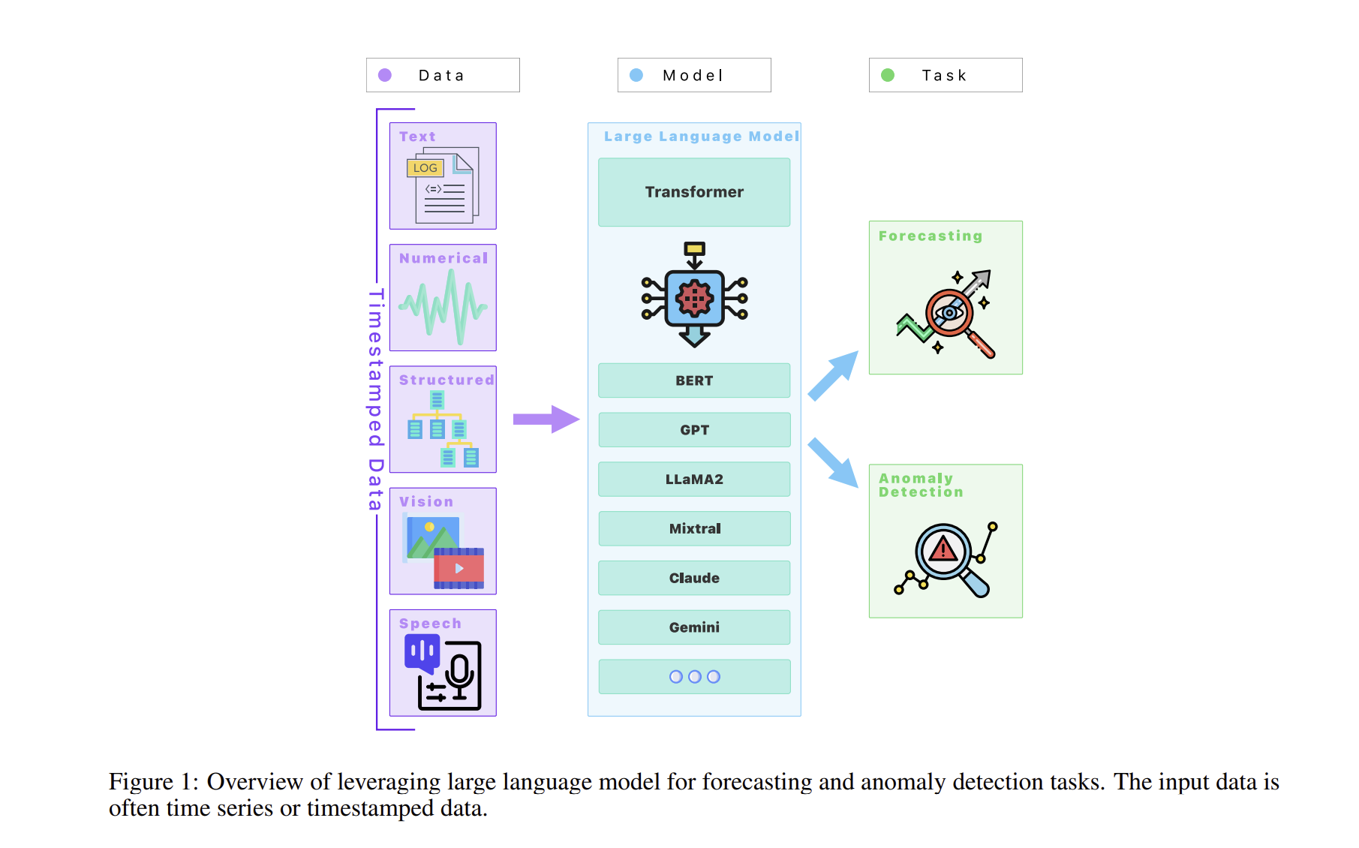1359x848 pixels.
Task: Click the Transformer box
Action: coord(694,192)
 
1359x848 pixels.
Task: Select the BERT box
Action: coord(694,380)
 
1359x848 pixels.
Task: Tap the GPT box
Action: coord(694,430)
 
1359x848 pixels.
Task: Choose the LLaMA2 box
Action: coord(694,479)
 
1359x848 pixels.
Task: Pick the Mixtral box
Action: coord(694,528)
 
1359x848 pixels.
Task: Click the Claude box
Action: coord(694,578)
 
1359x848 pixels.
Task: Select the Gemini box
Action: coord(694,627)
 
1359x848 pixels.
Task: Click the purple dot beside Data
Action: coord(385,75)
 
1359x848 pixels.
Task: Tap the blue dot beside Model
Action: coord(636,75)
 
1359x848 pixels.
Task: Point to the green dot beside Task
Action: coord(888,75)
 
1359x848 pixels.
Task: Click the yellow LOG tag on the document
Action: coord(425,168)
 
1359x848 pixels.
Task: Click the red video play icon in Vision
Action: coord(459,569)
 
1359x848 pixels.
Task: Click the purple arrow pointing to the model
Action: coord(546,419)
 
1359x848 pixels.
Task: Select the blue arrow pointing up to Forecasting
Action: coord(834,374)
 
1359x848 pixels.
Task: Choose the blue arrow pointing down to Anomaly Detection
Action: coord(834,462)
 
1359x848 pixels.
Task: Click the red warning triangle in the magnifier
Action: coord(943,550)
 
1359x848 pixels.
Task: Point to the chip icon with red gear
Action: coord(694,298)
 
